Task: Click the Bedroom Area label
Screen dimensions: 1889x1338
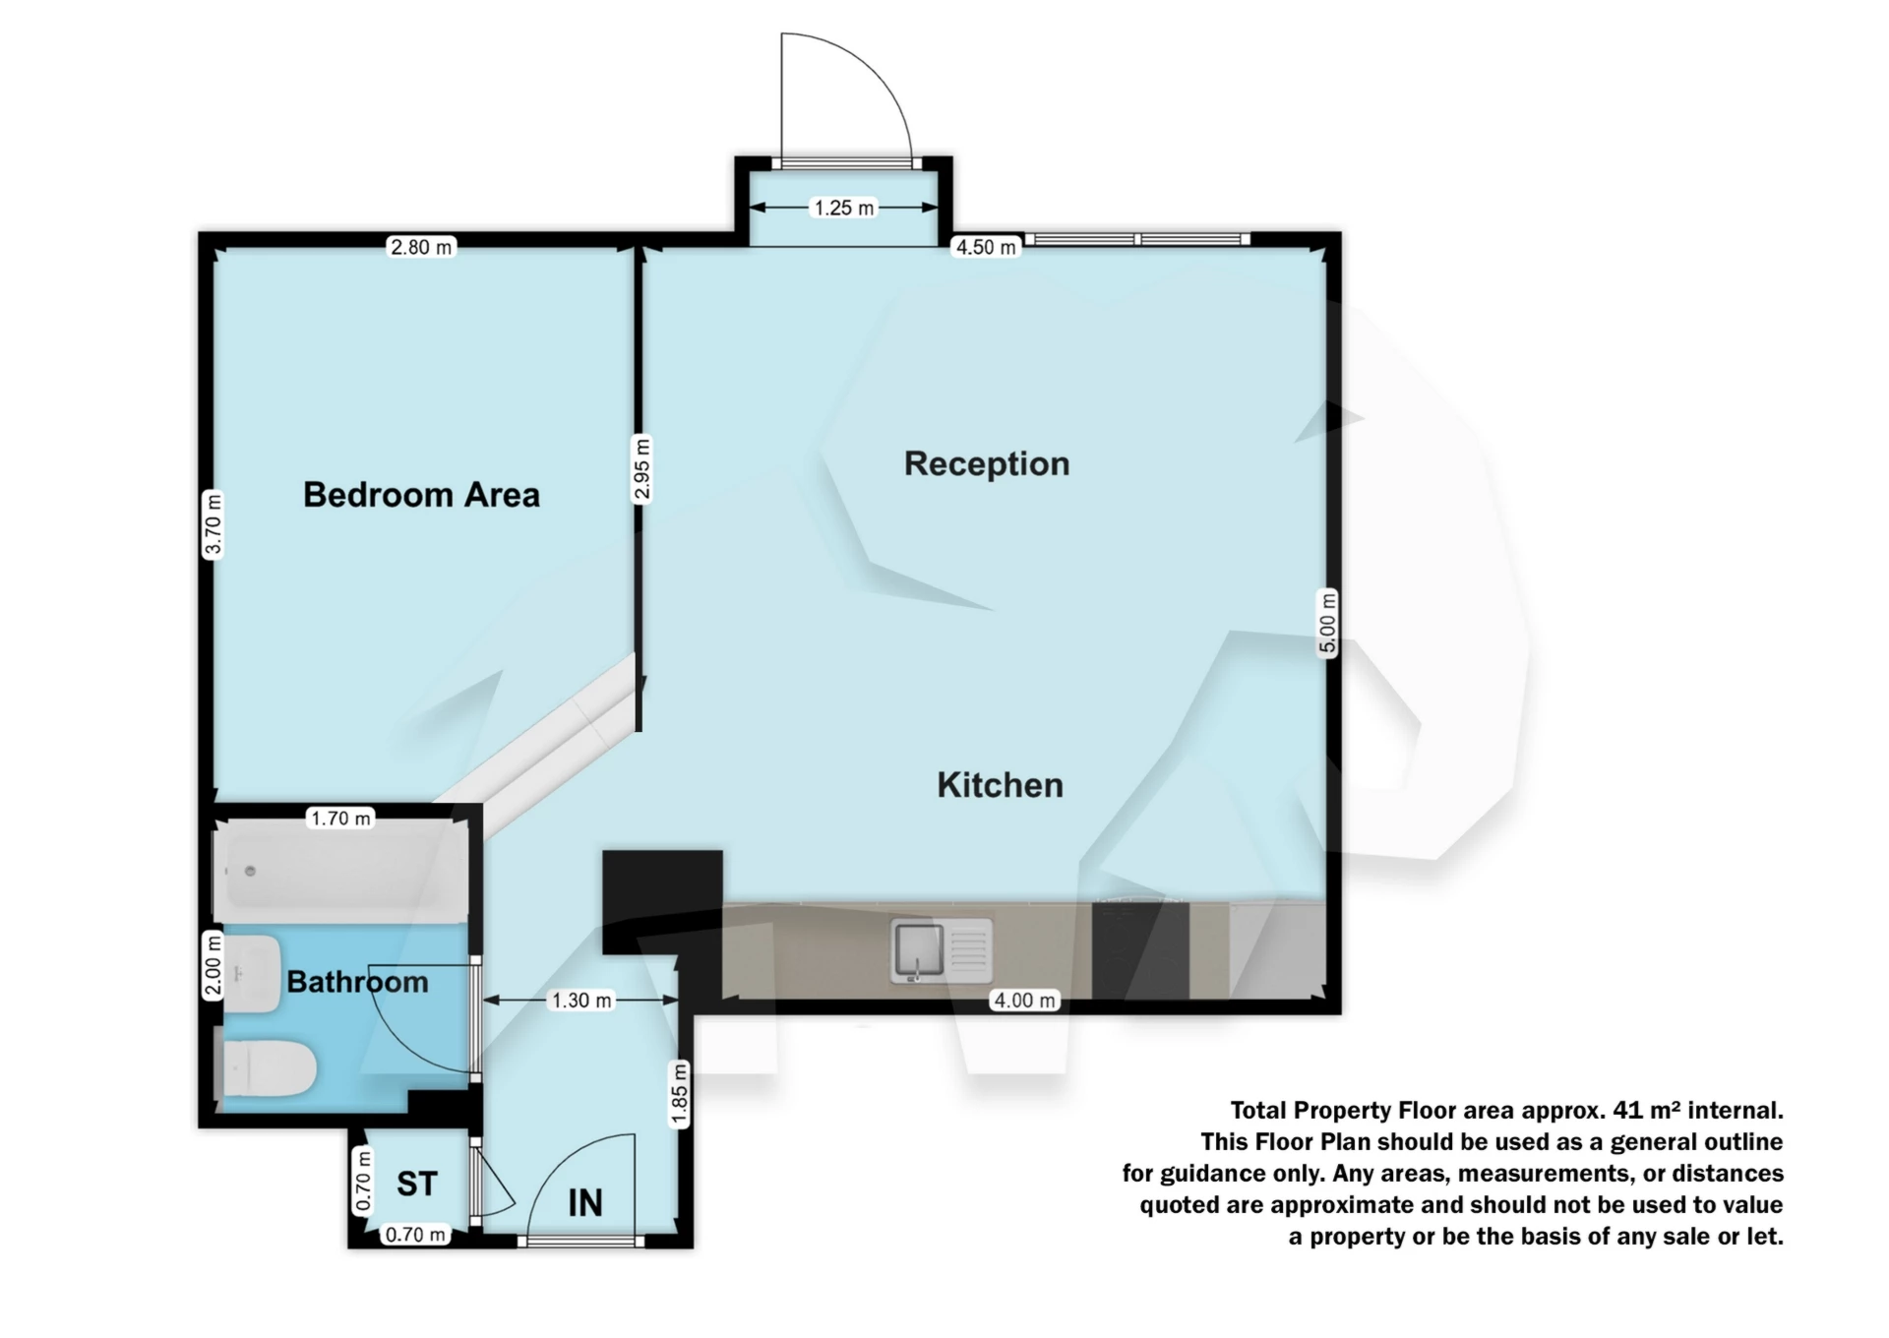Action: point(421,494)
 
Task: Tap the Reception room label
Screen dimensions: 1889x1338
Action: point(987,463)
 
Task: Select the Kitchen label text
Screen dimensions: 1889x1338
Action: point(1000,785)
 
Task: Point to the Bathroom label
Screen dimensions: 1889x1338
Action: point(357,982)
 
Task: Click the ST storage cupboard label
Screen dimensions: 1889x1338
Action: point(416,1184)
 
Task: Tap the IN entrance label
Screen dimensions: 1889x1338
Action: point(585,1202)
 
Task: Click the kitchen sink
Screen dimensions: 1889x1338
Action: point(942,949)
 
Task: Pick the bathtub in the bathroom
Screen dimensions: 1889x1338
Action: point(340,870)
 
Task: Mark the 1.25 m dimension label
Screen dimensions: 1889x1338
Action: point(844,208)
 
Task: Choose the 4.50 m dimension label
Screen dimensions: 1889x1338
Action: point(986,247)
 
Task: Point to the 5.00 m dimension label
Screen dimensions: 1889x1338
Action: point(1328,623)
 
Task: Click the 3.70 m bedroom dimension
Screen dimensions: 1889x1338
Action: point(213,524)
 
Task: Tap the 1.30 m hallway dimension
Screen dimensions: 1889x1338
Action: point(581,1001)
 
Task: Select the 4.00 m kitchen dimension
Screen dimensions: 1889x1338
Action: point(1024,1001)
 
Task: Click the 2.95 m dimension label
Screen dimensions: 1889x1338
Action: point(640,469)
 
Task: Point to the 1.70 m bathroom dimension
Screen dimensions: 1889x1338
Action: point(340,818)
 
